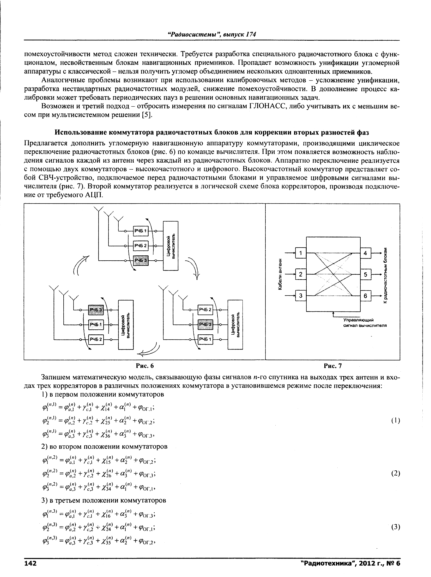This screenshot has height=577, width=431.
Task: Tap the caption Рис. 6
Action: point(145,366)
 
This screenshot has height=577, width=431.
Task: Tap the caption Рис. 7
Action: point(333,366)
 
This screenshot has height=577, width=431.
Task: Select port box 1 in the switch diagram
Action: point(301,253)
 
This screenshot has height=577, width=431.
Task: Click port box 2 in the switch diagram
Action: point(301,274)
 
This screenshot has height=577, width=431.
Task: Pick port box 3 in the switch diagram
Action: point(301,296)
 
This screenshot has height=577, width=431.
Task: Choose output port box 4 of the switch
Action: point(366,253)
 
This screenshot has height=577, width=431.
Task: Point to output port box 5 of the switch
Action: point(366,274)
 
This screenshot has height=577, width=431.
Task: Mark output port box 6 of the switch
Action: point(366,296)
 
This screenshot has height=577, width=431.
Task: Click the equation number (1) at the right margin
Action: point(396,421)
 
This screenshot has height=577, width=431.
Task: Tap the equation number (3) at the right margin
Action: point(396,527)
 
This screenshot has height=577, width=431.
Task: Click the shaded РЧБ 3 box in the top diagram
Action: point(141,260)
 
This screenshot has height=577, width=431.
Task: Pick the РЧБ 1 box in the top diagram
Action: point(141,231)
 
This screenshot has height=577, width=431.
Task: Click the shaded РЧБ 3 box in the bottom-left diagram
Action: point(96,310)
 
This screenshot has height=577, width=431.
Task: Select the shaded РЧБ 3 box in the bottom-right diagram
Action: point(205,324)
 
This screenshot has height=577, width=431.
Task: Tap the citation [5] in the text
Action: point(147,115)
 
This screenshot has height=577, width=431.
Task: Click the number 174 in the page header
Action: point(251,34)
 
